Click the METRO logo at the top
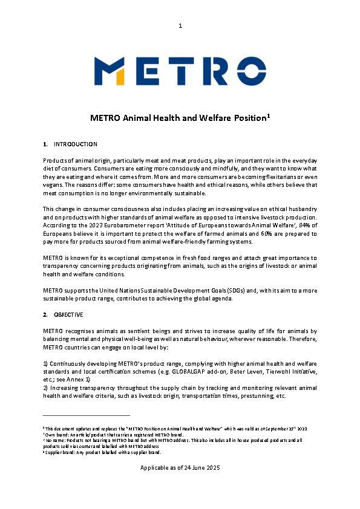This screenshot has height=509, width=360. click(180, 71)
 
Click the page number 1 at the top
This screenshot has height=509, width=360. click(180, 25)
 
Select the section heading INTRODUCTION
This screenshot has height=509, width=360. click(76, 144)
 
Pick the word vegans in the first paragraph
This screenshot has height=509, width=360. click(53, 185)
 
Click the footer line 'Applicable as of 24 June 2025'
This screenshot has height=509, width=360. click(180, 468)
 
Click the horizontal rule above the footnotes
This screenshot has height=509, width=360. click(87, 415)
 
